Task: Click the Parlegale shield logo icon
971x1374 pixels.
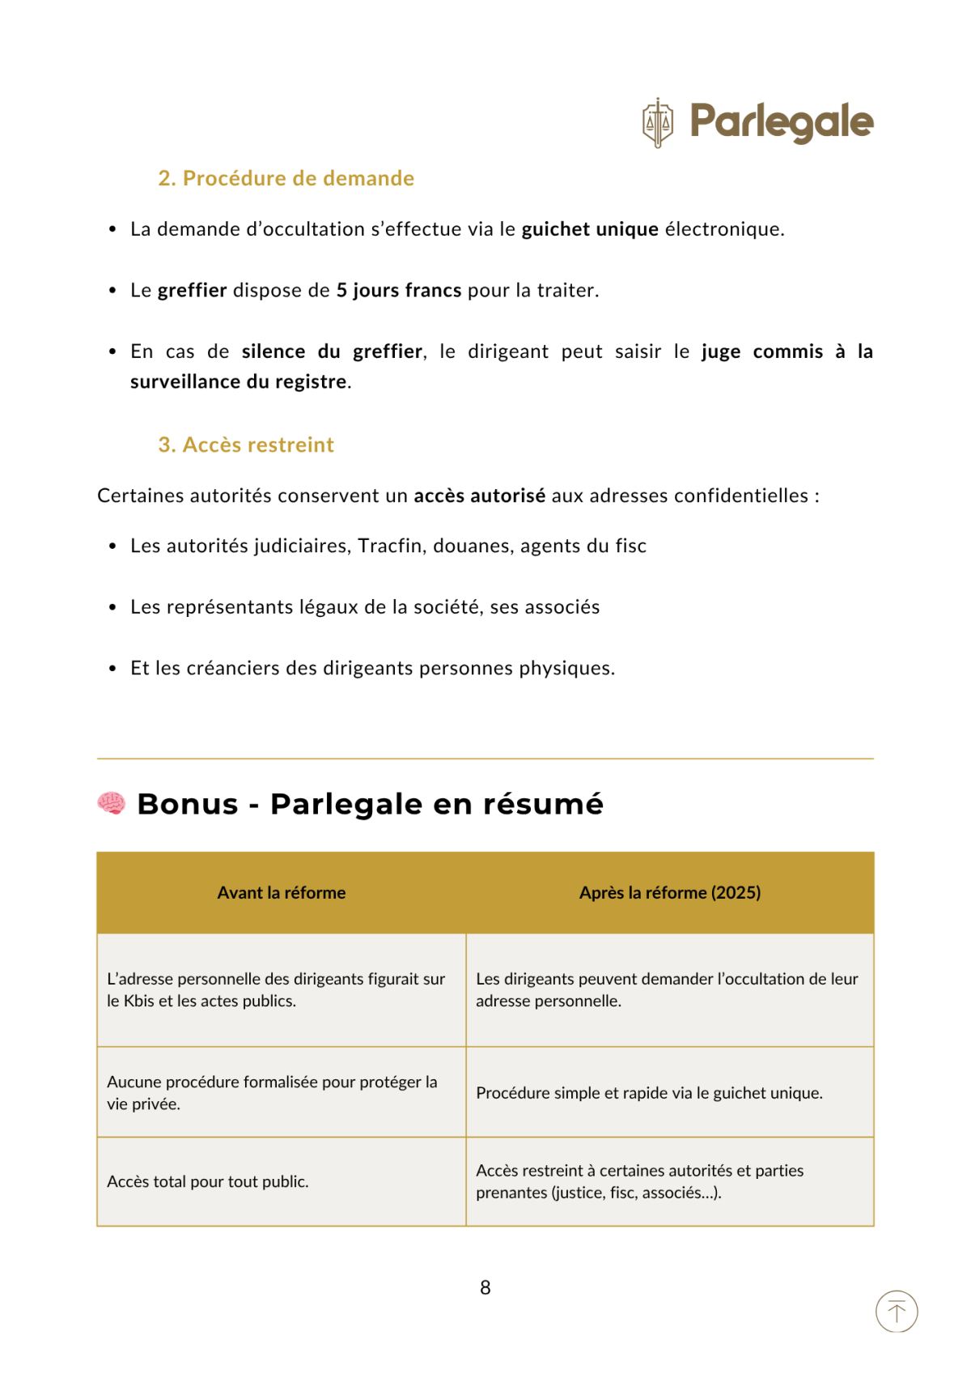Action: tap(657, 123)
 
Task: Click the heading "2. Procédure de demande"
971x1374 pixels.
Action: tap(286, 178)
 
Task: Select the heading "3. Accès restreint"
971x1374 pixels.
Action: tap(246, 445)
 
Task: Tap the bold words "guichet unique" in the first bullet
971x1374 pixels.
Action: tap(589, 229)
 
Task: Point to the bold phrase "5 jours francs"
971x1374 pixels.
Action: tap(399, 290)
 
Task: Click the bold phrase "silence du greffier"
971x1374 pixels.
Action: tap(332, 351)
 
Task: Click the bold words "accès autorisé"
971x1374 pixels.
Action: tap(479, 496)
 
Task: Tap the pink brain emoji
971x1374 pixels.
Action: tap(111, 803)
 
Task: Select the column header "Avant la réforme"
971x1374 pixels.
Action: tap(281, 892)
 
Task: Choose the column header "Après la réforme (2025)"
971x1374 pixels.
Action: tap(669, 892)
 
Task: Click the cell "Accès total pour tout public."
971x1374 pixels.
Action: tap(208, 1181)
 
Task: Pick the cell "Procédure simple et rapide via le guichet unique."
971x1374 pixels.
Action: tap(649, 1092)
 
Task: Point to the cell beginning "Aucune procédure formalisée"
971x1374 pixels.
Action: tap(272, 1092)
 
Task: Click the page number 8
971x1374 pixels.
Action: tap(485, 1287)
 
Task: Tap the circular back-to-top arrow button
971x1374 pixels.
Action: tap(897, 1311)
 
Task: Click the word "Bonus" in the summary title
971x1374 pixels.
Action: tap(188, 804)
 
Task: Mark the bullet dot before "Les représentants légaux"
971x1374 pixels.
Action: tap(112, 607)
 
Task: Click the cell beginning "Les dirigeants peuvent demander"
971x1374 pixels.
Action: tap(667, 989)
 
